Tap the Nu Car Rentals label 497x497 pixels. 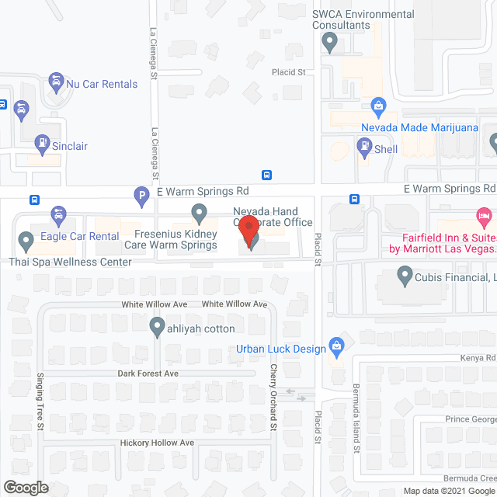tap(102, 84)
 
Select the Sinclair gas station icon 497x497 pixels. tap(42, 144)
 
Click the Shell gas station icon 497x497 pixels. tap(363, 144)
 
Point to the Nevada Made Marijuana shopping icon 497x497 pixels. tap(379, 105)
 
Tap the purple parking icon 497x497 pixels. tap(141, 196)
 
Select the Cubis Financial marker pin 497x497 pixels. tap(404, 274)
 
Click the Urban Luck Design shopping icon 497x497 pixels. tap(337, 344)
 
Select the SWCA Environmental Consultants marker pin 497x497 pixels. tap(329, 42)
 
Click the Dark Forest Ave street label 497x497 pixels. tap(148, 374)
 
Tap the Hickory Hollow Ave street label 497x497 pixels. tap(157, 443)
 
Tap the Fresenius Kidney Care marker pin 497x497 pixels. tap(199, 211)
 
